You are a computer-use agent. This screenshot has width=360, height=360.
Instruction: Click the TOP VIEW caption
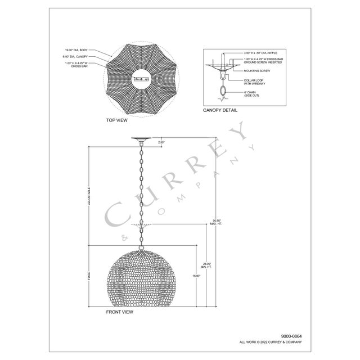coord(118,120)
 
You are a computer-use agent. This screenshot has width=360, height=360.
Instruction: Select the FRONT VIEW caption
coord(119,312)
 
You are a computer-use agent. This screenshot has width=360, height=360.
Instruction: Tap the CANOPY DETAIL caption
coord(220,110)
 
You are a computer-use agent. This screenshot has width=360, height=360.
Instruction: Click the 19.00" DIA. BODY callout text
coord(76,49)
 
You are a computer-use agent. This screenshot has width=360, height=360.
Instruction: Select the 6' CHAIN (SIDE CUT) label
coord(251,93)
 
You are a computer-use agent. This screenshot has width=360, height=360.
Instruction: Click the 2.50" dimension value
coord(161,142)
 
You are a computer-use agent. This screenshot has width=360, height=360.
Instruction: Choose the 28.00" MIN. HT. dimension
coord(206,265)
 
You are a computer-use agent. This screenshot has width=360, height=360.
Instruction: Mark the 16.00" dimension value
coord(196,276)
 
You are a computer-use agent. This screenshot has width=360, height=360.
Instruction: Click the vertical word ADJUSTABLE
coord(88,196)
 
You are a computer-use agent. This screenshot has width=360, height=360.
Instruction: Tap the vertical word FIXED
coord(88,276)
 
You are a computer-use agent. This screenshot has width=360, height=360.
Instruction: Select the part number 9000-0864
coord(290,336)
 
